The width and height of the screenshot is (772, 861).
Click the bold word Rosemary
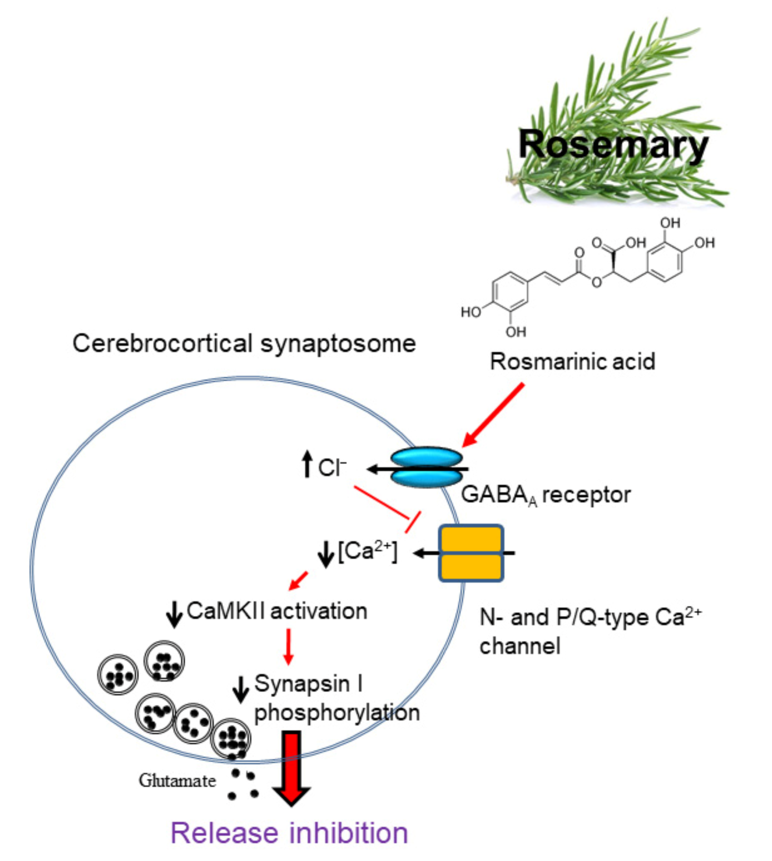(613, 145)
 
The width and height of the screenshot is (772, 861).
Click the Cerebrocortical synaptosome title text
(244, 343)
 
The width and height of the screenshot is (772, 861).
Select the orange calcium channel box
(471, 553)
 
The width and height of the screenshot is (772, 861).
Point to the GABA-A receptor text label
(546, 495)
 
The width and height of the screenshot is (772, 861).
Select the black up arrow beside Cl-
(307, 464)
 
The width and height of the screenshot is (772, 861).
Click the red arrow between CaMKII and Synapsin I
(288, 646)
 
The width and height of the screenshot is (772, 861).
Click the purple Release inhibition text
(289, 833)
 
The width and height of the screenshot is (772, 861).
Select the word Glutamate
(177, 780)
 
